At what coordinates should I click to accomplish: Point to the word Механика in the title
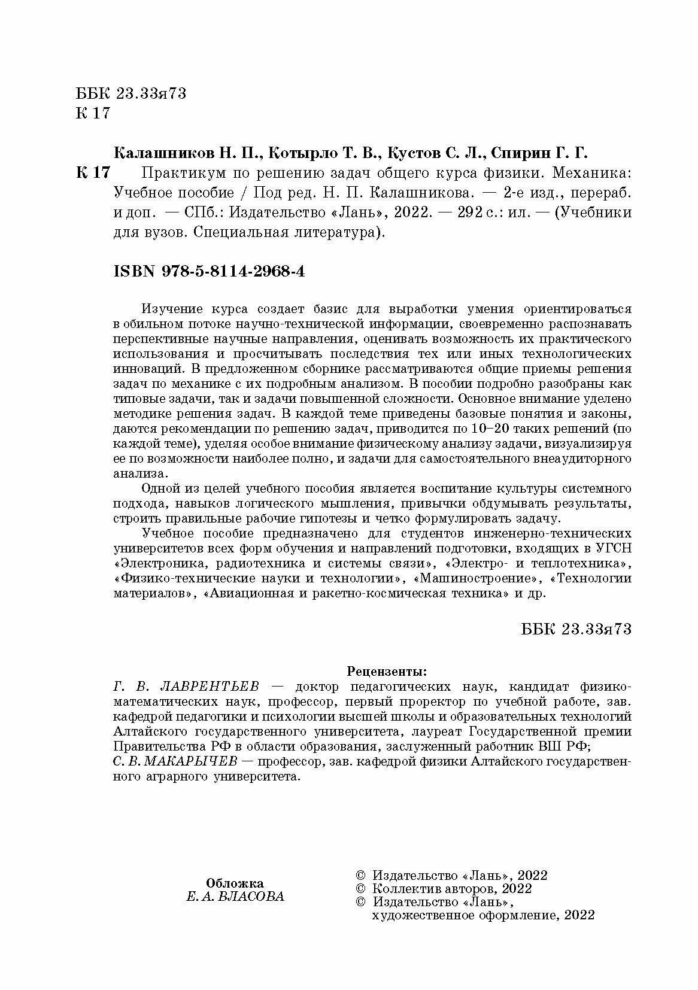coord(588,174)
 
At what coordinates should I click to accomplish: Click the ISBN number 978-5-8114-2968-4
coord(233,271)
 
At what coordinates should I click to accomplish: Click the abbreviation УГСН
coord(613,548)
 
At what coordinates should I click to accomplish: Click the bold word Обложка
coord(235,883)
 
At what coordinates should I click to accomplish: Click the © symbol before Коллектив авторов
coord(360,888)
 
